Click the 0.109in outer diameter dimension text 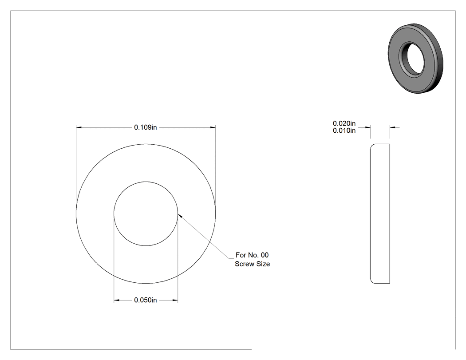point(145,127)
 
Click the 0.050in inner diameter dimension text point(145,300)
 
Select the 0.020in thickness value point(344,123)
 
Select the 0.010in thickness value point(344,131)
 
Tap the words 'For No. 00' point(252,255)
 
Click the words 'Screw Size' point(253,264)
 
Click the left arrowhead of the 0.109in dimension point(79,127)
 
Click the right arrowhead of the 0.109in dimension point(213,127)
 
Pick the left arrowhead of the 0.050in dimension point(116,300)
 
